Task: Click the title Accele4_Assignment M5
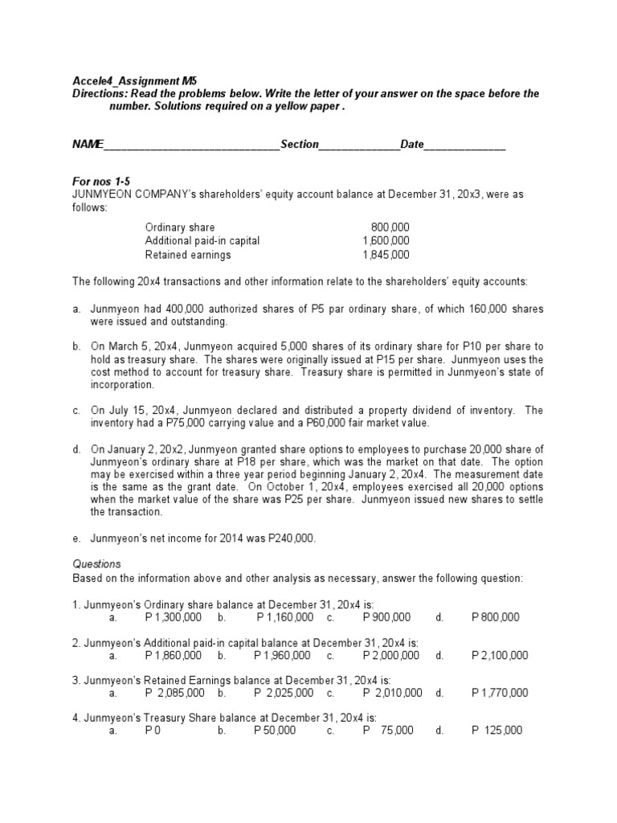pyautogui.click(x=134, y=81)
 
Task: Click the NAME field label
pyautogui.click(x=88, y=144)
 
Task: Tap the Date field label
pyautogui.click(x=412, y=144)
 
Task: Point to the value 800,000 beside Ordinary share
pyautogui.click(x=390, y=227)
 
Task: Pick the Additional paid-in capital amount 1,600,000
pyautogui.click(x=386, y=241)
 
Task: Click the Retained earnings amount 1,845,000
pyautogui.click(x=386, y=255)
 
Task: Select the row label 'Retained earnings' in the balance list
pyautogui.click(x=187, y=255)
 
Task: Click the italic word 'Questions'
pyautogui.click(x=96, y=564)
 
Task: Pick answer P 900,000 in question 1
pyautogui.click(x=386, y=617)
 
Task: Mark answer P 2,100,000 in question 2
pyautogui.click(x=500, y=655)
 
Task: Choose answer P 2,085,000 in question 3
pyautogui.click(x=174, y=693)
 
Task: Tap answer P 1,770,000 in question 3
pyautogui.click(x=500, y=693)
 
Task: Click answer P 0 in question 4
pyautogui.click(x=152, y=731)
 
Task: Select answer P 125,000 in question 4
pyautogui.click(x=496, y=731)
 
